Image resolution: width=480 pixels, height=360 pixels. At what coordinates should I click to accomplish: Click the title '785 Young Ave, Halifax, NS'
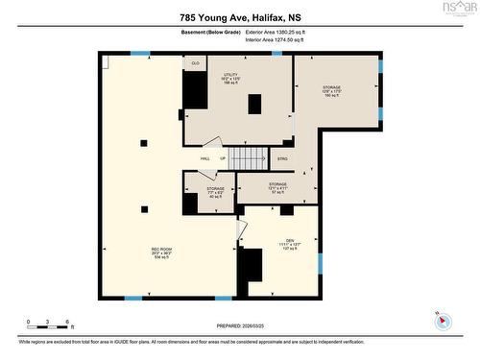pos(239,17)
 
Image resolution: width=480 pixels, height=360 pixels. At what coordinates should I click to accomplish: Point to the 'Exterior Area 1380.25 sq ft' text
pos(277,32)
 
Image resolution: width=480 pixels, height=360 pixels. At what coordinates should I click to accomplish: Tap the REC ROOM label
pos(160,252)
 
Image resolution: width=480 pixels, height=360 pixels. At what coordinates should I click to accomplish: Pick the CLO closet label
pos(195,63)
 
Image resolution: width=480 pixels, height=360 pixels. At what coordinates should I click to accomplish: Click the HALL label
pos(204,158)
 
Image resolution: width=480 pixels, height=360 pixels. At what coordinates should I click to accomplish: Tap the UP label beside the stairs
pos(223,158)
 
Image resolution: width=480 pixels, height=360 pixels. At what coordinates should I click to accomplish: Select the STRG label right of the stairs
pos(282,158)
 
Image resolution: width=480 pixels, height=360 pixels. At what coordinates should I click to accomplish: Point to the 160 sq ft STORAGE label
pos(331,91)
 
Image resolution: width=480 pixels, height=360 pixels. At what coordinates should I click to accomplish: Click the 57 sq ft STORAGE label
pos(277,186)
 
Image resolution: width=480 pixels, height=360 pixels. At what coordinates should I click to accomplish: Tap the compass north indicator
pos(442,319)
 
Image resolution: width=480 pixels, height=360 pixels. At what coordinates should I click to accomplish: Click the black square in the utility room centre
pos(253,104)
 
